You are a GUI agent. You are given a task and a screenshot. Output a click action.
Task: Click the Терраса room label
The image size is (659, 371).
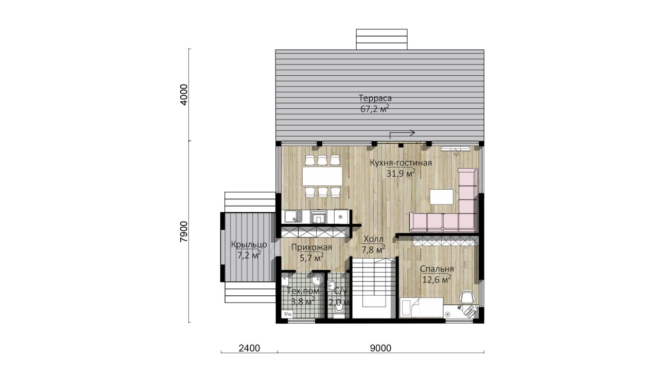pyautogui.click(x=375, y=98)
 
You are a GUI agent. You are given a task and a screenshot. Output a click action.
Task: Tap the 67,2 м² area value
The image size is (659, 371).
pyautogui.click(x=375, y=109)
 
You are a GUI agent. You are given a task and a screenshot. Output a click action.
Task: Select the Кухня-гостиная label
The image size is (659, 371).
pyautogui.click(x=401, y=163)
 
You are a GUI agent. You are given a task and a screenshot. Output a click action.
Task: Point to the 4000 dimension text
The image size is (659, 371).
pyautogui.click(x=184, y=95)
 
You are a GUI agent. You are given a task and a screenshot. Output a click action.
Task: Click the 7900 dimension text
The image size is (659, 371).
pyautogui.click(x=184, y=231)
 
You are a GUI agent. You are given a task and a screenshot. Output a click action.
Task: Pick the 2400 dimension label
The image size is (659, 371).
pyautogui.click(x=249, y=348)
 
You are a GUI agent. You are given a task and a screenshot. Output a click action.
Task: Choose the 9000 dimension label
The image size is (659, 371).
pyautogui.click(x=380, y=348)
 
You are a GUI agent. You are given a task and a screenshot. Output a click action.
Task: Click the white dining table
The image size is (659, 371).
pyautogui.click(x=322, y=176)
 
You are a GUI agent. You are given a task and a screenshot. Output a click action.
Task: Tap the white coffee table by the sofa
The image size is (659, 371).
pyautogui.click(x=441, y=197)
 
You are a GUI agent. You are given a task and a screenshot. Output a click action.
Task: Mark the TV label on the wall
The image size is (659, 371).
pyautogui.click(x=456, y=154)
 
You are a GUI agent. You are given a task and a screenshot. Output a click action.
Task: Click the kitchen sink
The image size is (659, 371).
pyautogui.click(x=88, y=216)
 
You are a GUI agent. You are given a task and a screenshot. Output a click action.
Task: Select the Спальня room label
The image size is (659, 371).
pyautogui.click(x=437, y=269)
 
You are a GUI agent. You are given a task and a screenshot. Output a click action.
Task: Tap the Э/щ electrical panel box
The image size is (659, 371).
pyautogui.click(x=287, y=314)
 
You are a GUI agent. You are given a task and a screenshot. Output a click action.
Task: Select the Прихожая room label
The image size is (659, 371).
pyautogui.click(x=311, y=248)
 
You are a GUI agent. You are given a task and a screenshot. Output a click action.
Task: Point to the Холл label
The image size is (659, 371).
pyautogui.click(x=373, y=239)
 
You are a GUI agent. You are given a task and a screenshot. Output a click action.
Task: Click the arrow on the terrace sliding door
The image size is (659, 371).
pyautogui.click(x=402, y=134)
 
